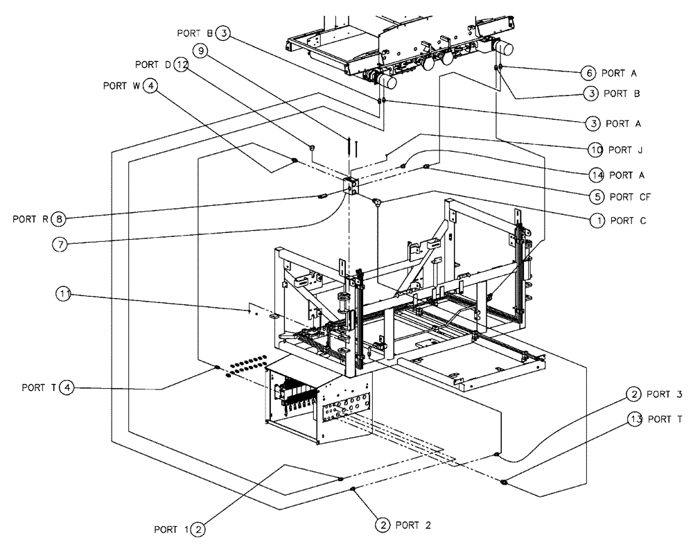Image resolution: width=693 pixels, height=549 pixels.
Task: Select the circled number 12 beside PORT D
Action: [x=182, y=64]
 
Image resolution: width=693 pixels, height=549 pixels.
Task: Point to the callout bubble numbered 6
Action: [x=588, y=72]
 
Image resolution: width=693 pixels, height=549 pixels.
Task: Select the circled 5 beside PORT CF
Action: [x=597, y=196]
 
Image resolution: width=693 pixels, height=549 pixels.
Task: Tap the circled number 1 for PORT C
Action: [x=597, y=220]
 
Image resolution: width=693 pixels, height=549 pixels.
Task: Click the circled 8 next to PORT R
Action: [x=60, y=220]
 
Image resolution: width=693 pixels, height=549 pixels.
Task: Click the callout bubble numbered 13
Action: [x=635, y=419]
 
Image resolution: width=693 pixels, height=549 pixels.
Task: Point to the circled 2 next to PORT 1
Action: [x=198, y=530]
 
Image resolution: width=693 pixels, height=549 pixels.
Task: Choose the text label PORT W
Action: [x=121, y=87]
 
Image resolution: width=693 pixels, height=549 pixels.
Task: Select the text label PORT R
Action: [x=30, y=220]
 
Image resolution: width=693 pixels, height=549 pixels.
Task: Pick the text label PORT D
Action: [x=153, y=64]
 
